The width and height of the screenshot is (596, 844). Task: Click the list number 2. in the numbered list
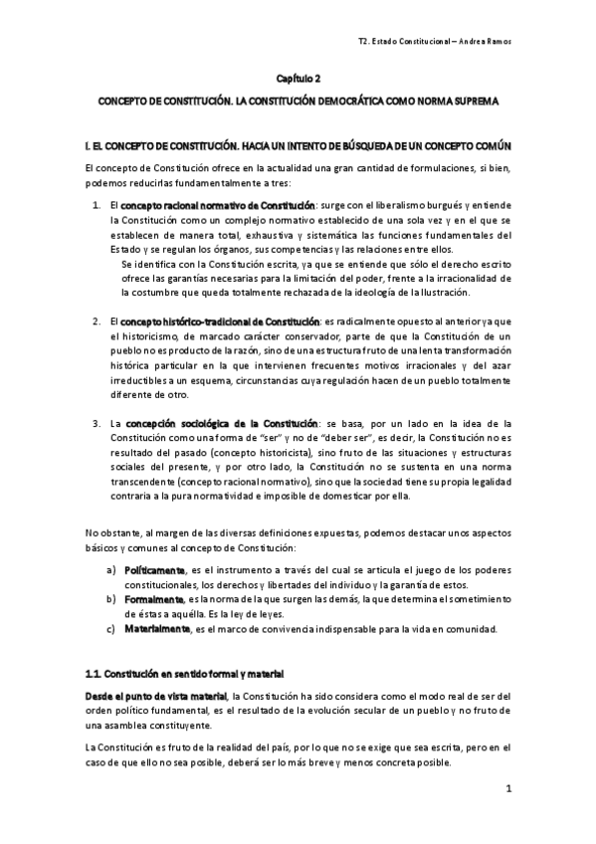[x=97, y=322]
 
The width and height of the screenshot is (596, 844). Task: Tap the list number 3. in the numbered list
[x=97, y=424]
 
